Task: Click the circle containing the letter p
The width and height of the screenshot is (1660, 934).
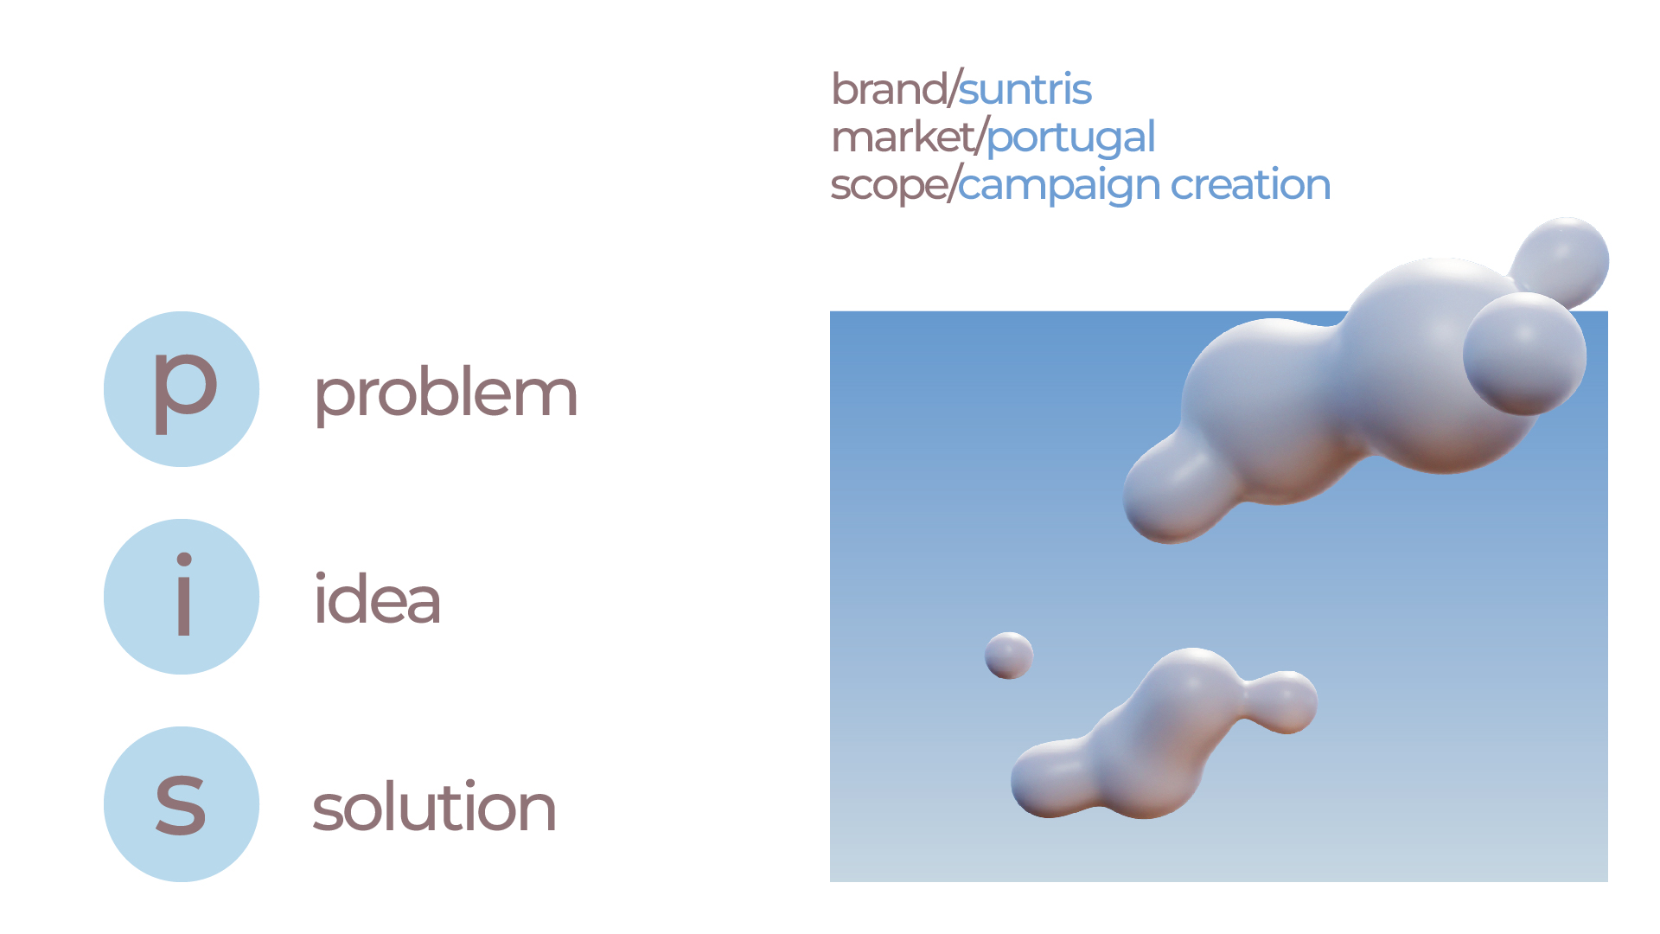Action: coord(182,389)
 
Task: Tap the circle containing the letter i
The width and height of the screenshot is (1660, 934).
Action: coord(182,597)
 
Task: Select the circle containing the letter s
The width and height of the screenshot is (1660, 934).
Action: coord(182,804)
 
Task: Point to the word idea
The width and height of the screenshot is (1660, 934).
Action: coord(377,599)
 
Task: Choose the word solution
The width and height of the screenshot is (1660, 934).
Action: coord(434,807)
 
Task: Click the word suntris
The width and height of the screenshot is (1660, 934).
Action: coord(1025,90)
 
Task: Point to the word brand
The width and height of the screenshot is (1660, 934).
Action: coord(889,89)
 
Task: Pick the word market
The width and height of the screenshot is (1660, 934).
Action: coord(903,138)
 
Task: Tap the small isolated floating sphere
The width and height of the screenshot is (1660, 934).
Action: coord(1009,656)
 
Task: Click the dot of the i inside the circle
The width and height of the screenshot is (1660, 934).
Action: coord(183,560)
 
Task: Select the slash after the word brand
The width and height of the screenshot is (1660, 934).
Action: coord(954,88)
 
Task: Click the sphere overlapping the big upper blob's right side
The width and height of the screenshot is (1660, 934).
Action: coord(1524,353)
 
